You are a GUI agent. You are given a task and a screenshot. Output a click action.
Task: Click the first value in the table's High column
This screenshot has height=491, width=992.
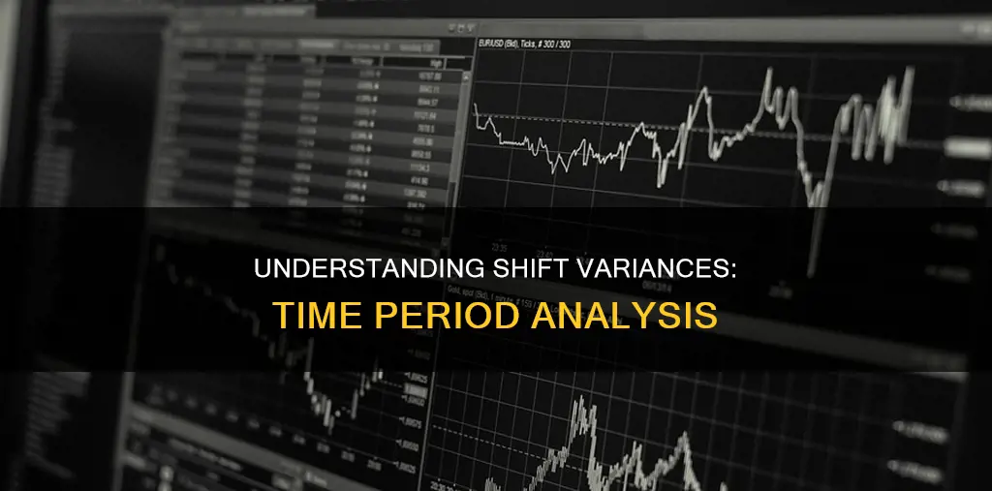pyautogui.click(x=426, y=76)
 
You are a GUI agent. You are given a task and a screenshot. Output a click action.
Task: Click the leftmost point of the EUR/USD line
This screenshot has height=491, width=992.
pyautogui.click(x=475, y=103)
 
